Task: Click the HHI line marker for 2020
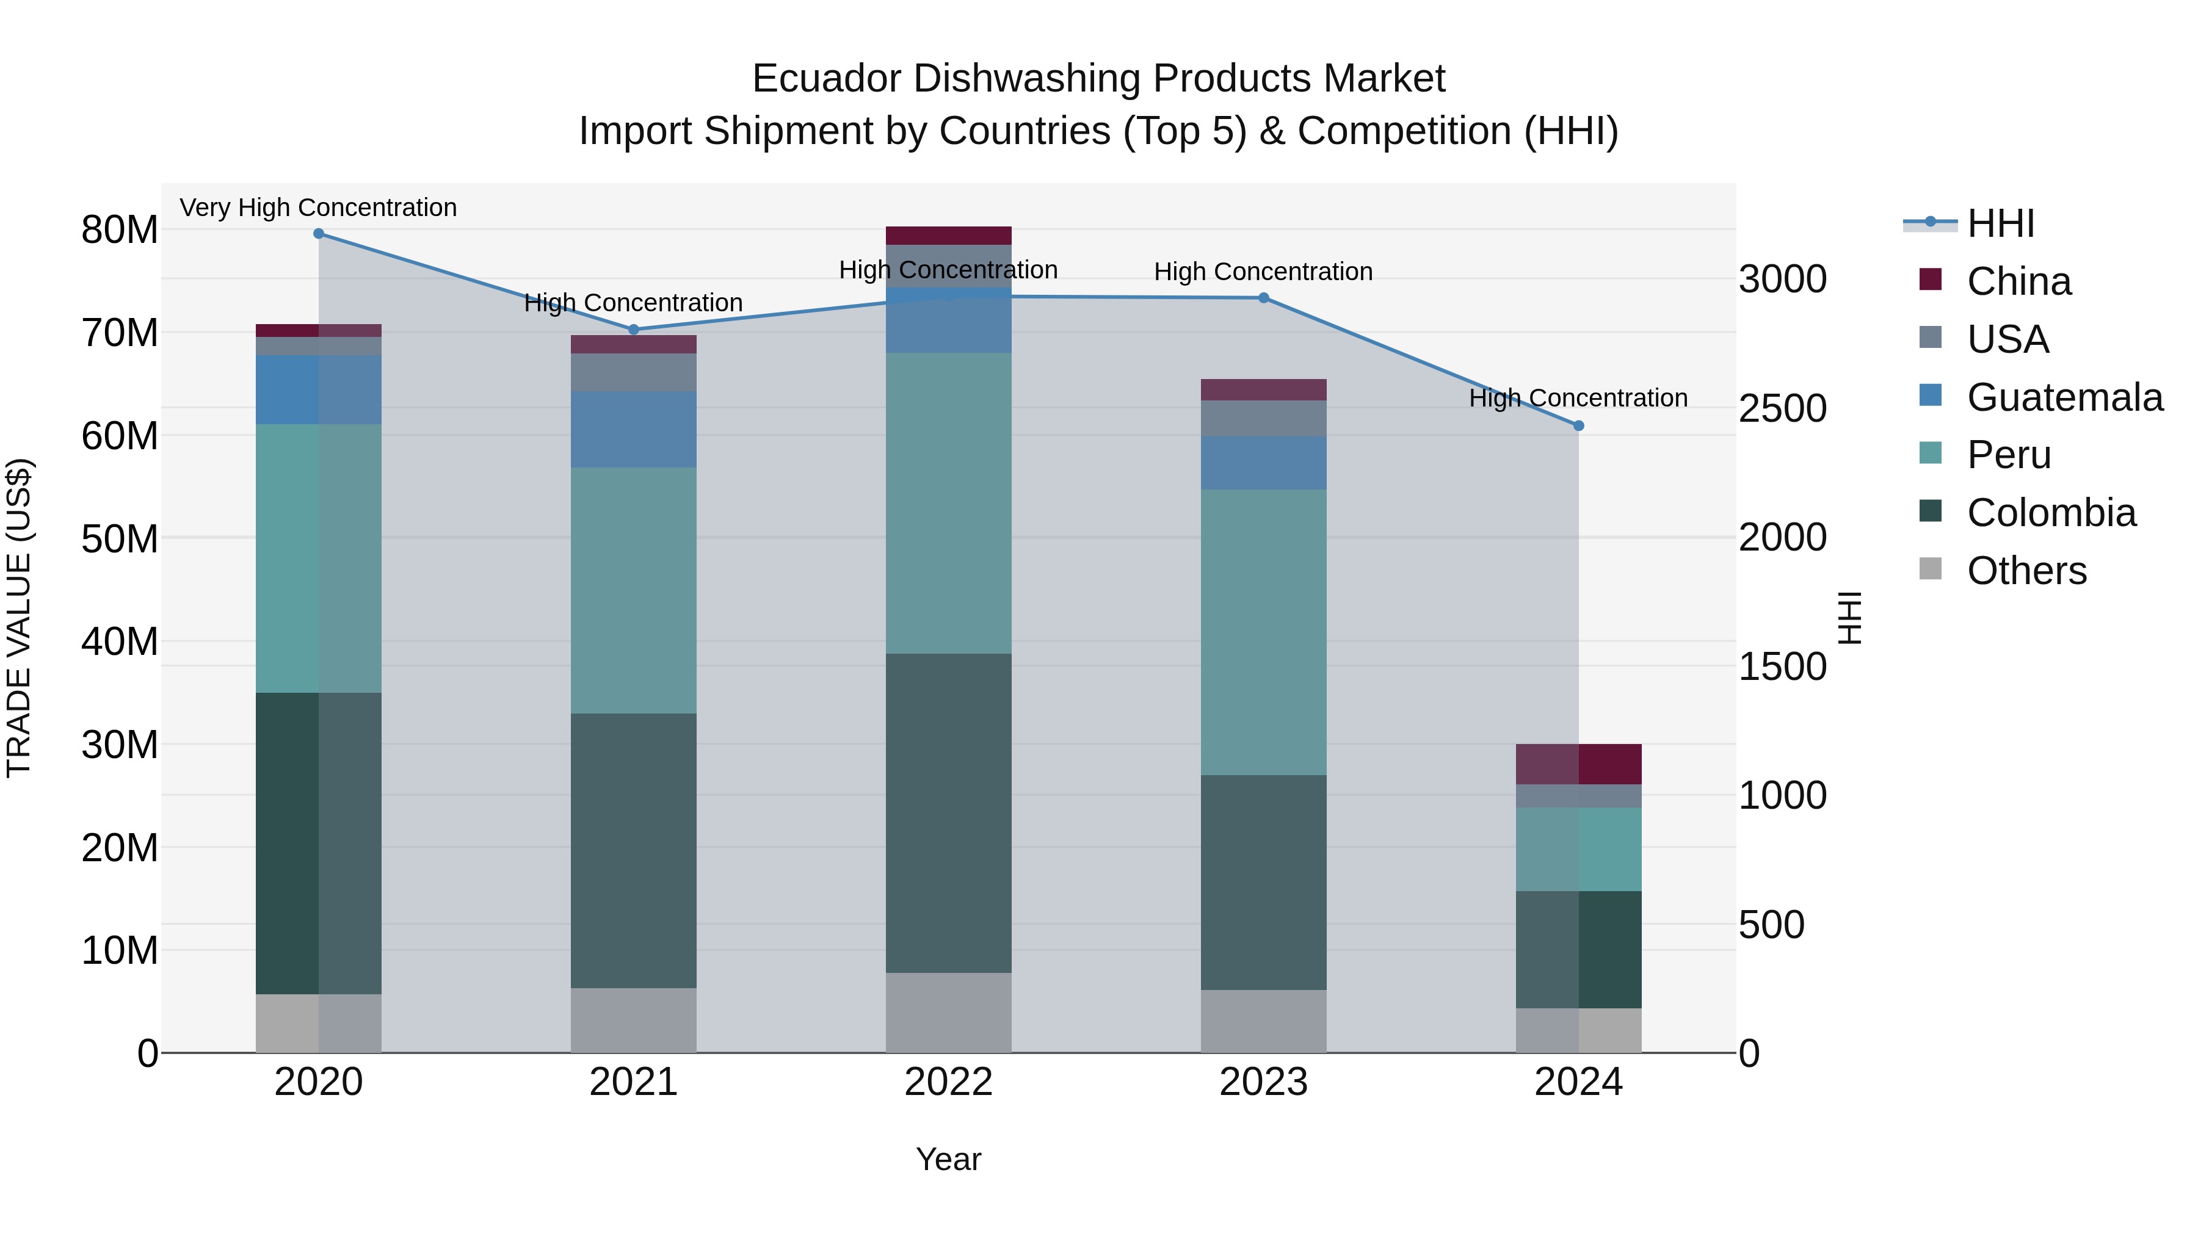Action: (x=318, y=234)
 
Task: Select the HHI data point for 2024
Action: (x=1578, y=425)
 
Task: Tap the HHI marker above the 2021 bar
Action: (x=633, y=329)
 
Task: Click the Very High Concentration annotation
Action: (x=318, y=208)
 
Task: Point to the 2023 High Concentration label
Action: (x=1263, y=272)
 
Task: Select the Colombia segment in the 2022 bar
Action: (x=948, y=813)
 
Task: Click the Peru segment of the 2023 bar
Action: (x=1263, y=632)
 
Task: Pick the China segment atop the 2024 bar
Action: (x=1578, y=764)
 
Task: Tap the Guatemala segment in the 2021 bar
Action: (x=633, y=429)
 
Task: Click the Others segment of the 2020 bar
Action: (x=318, y=1023)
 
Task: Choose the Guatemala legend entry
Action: (x=2064, y=397)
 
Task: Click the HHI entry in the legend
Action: (x=2000, y=223)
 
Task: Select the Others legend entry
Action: (x=2026, y=571)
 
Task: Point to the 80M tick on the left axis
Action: (x=120, y=230)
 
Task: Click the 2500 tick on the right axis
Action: (x=1782, y=408)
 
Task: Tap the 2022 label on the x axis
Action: (x=948, y=1082)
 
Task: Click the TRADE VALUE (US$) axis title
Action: (x=19, y=618)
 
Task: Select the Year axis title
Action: (x=948, y=1159)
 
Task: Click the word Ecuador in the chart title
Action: (x=826, y=79)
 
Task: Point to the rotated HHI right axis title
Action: (x=1849, y=618)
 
